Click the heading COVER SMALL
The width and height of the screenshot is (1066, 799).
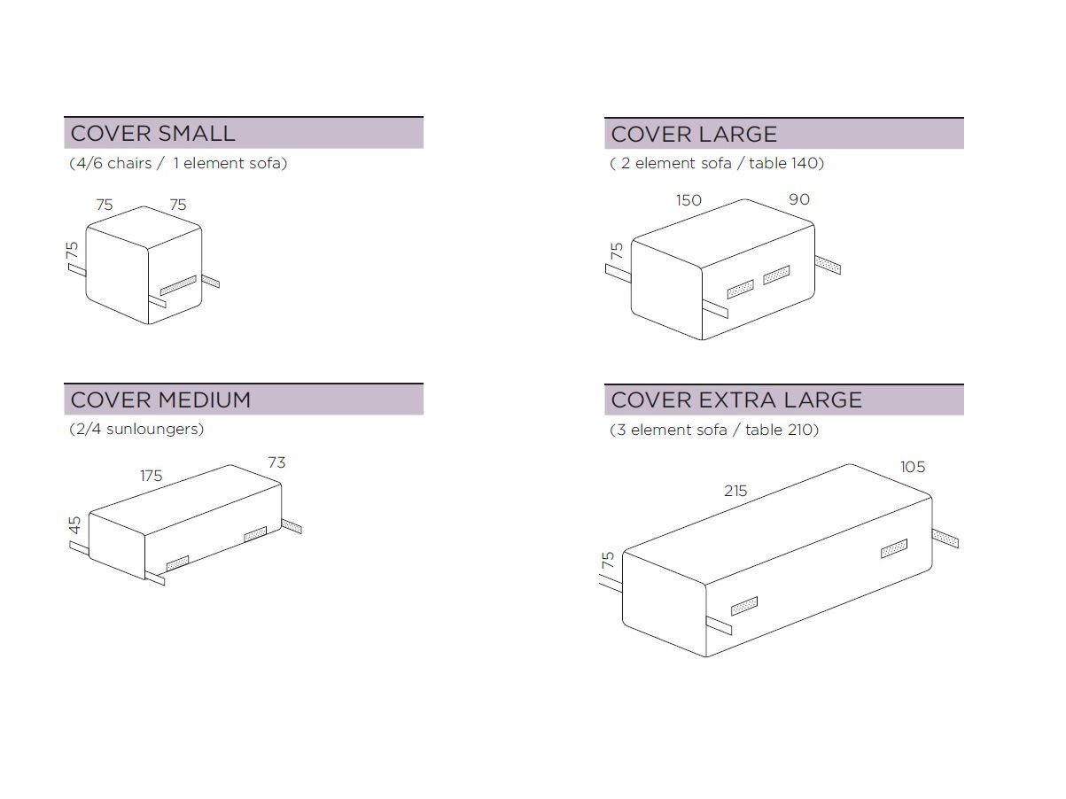(x=152, y=134)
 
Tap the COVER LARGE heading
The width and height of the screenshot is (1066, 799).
(x=694, y=134)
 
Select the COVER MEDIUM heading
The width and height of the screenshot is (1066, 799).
(x=160, y=400)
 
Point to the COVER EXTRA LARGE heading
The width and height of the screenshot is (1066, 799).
(x=736, y=400)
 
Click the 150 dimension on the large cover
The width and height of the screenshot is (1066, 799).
(x=689, y=200)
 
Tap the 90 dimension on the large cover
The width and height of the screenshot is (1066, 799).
(x=799, y=199)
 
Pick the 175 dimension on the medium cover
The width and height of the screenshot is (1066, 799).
(x=151, y=476)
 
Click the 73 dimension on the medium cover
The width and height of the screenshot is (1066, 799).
(x=276, y=462)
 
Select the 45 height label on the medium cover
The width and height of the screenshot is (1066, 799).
(x=74, y=524)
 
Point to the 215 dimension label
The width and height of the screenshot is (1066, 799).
(x=735, y=491)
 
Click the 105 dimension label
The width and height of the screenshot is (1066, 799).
(x=913, y=467)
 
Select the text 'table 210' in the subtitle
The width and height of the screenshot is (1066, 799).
(x=780, y=430)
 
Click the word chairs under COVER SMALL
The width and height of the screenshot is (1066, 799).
(x=129, y=163)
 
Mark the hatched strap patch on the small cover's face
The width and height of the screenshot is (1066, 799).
(x=178, y=285)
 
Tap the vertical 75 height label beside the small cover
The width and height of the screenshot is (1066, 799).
(x=72, y=251)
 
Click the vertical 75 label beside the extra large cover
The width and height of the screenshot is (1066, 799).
(x=608, y=560)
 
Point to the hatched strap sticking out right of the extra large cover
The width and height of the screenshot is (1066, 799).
(x=945, y=539)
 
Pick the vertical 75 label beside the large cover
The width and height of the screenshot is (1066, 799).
(x=616, y=251)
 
